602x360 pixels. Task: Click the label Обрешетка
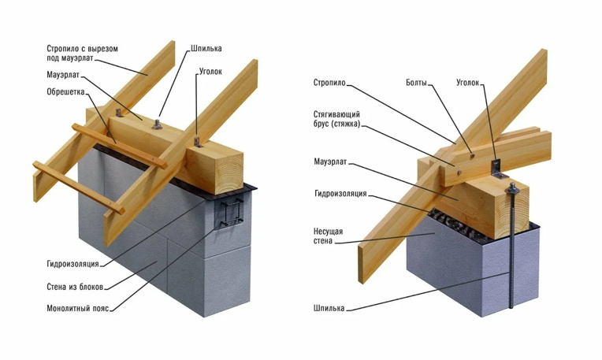pos(65,91)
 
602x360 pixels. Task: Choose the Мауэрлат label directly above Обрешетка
pos(62,75)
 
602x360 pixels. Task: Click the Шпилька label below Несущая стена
pos(328,308)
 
